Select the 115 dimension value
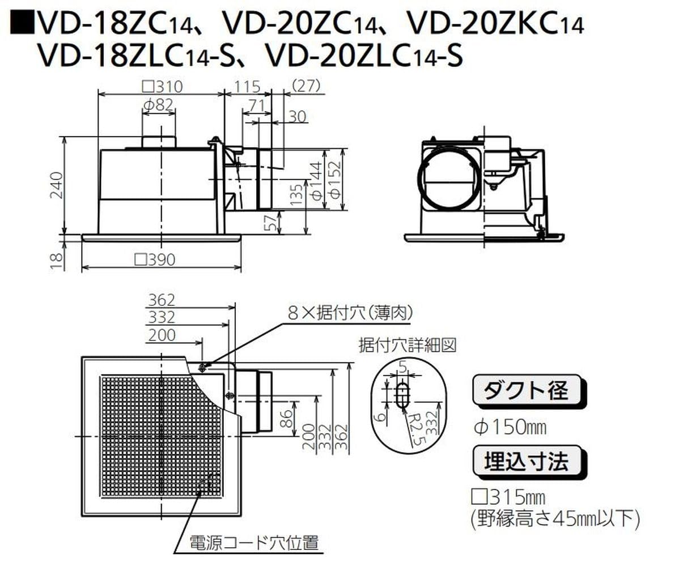[247, 87]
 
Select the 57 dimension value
[273, 222]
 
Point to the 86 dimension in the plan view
[287, 419]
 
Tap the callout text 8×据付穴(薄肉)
[350, 313]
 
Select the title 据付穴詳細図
[407, 345]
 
